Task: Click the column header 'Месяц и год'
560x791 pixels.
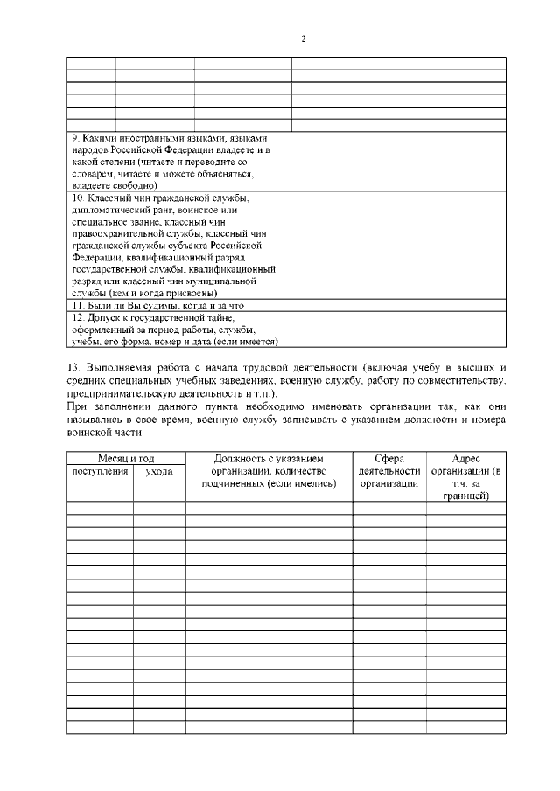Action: click(x=125, y=459)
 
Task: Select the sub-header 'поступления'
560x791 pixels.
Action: click(x=100, y=471)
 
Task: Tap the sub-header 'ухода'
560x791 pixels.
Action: click(x=158, y=471)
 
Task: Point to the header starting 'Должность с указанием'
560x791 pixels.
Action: click(x=269, y=459)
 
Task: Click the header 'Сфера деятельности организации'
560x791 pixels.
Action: click(x=389, y=471)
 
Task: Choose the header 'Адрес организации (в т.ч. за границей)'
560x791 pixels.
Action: click(x=465, y=477)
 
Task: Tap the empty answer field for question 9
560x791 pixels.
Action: click(x=398, y=162)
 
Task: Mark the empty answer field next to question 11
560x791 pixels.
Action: click(x=398, y=306)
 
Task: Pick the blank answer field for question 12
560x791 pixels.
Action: click(x=398, y=330)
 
